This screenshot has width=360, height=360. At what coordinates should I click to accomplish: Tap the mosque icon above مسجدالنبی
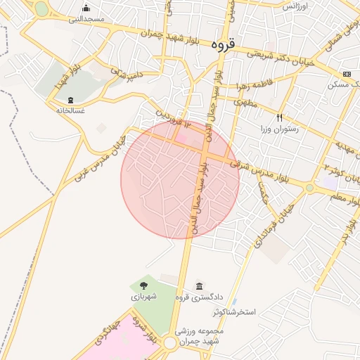(86, 8)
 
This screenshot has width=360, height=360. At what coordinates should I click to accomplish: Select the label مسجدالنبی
(86, 19)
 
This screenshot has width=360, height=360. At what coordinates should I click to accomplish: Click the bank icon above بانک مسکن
(347, 74)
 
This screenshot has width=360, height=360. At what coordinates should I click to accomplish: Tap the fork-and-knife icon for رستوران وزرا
(280, 117)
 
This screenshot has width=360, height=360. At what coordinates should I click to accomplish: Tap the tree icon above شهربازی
(143, 285)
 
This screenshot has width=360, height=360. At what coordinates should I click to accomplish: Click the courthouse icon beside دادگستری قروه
(200, 286)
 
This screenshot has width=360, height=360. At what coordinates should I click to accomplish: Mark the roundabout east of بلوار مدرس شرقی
(309, 187)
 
